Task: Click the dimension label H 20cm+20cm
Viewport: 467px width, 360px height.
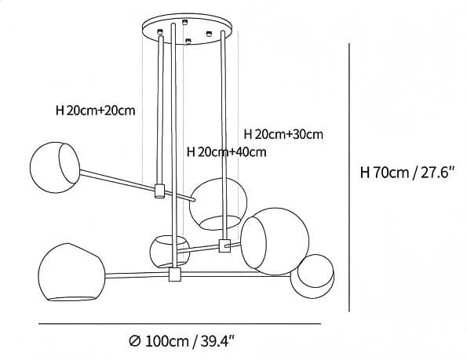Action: coord(95,111)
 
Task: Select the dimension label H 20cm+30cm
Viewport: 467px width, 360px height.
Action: coord(283,134)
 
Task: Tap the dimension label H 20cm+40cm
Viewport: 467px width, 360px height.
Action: coord(226,152)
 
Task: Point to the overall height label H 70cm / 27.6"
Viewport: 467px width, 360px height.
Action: coord(407,173)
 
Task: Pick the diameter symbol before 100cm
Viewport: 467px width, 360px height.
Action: coord(135,341)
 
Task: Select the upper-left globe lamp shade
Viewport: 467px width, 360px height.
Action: coord(55,167)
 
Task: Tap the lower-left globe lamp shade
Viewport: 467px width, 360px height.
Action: coord(71,272)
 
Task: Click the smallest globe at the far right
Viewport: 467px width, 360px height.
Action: coord(312,276)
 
